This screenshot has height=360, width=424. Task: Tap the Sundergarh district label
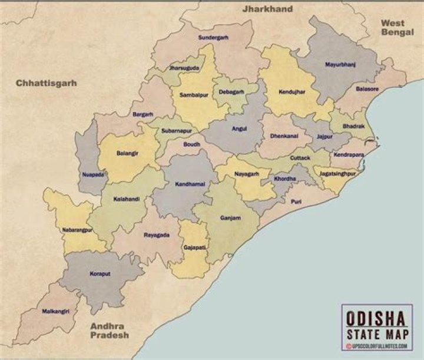coord(213,37)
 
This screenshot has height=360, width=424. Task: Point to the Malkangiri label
coord(56,311)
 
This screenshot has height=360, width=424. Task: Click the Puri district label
coord(296,201)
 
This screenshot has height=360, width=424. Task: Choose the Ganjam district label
coord(230,217)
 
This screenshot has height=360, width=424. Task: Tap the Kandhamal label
coord(190,184)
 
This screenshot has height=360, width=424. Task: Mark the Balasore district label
coord(367,90)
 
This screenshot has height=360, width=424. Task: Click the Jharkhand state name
coord(267,9)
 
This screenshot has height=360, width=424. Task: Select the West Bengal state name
coord(397,27)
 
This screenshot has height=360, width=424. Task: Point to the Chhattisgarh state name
coord(47,83)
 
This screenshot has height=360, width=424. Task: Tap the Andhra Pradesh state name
coord(109,330)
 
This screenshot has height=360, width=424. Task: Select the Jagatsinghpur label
coord(338,174)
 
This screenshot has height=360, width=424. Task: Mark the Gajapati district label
coord(194,247)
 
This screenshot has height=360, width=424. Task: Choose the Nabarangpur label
coord(77,230)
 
